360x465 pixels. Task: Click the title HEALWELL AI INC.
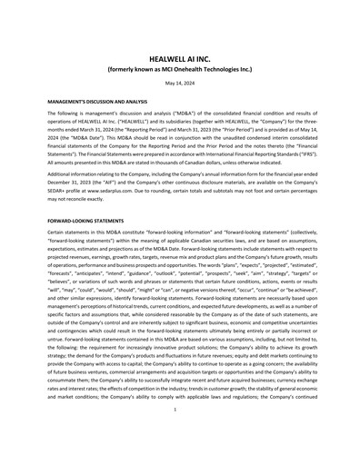pyautogui.click(x=179, y=54)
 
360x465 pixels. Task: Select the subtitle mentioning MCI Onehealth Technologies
pyautogui.click(x=179, y=66)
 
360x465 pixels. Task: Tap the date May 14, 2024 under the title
pyautogui.click(x=179, y=84)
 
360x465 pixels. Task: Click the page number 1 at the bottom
pyautogui.click(x=179, y=436)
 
